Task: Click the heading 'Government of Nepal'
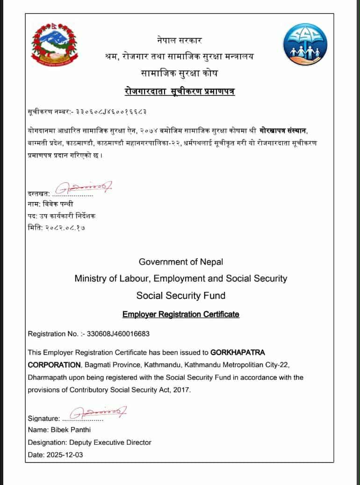(181, 262)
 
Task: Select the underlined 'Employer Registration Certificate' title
(181, 314)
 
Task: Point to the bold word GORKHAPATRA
(238, 352)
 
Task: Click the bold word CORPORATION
(54, 364)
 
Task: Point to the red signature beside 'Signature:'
(98, 413)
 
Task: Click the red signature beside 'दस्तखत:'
(84, 188)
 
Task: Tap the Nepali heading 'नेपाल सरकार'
(180, 41)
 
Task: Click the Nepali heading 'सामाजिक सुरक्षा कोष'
(180, 73)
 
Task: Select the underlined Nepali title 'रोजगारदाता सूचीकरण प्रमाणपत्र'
(180, 91)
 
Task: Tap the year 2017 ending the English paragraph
(182, 390)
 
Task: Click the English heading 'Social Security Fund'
(181, 296)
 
